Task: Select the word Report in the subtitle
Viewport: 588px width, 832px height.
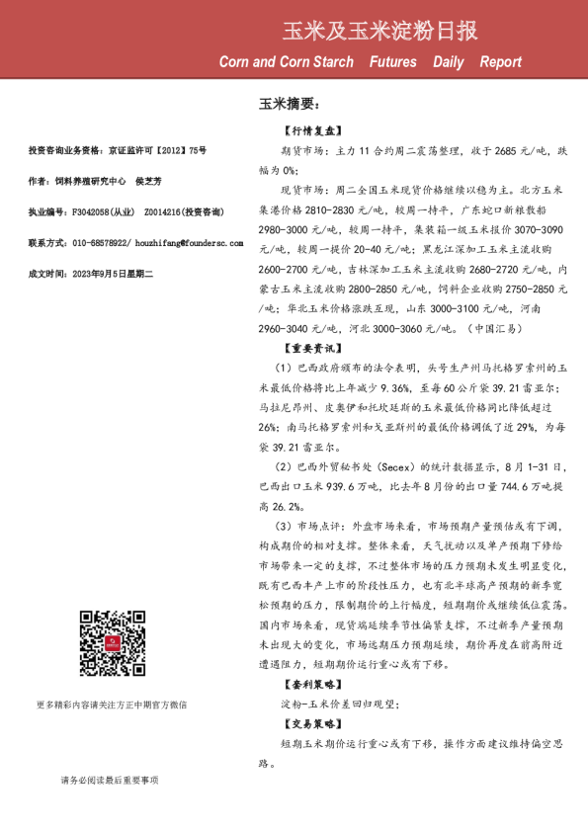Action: (x=500, y=62)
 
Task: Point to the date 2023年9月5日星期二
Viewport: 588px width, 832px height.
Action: (x=116, y=272)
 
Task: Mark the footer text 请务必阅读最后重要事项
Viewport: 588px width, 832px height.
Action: (x=109, y=781)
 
